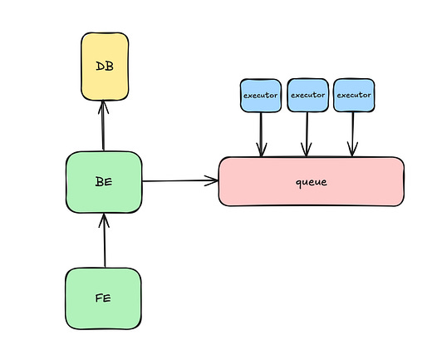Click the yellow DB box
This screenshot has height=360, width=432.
(x=105, y=66)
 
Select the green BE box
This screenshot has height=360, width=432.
(x=104, y=181)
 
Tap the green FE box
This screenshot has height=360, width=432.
(x=104, y=298)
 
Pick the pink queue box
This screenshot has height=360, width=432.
(x=311, y=181)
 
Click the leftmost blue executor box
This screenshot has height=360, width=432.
(x=261, y=95)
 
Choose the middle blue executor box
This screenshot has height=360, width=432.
(x=307, y=95)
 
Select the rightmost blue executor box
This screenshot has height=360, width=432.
(x=354, y=95)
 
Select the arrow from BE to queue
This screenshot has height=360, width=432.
(x=179, y=180)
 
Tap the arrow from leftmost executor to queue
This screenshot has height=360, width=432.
(x=261, y=133)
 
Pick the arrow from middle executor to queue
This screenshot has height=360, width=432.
(x=307, y=133)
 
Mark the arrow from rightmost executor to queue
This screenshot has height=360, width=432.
(x=354, y=133)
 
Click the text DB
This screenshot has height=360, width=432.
(x=105, y=66)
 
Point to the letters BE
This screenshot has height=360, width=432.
(x=104, y=181)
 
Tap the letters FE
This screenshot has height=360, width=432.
(x=104, y=298)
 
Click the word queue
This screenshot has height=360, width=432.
(x=311, y=181)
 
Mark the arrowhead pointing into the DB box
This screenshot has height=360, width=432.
(x=103, y=105)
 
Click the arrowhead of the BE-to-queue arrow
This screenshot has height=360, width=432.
(x=212, y=180)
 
